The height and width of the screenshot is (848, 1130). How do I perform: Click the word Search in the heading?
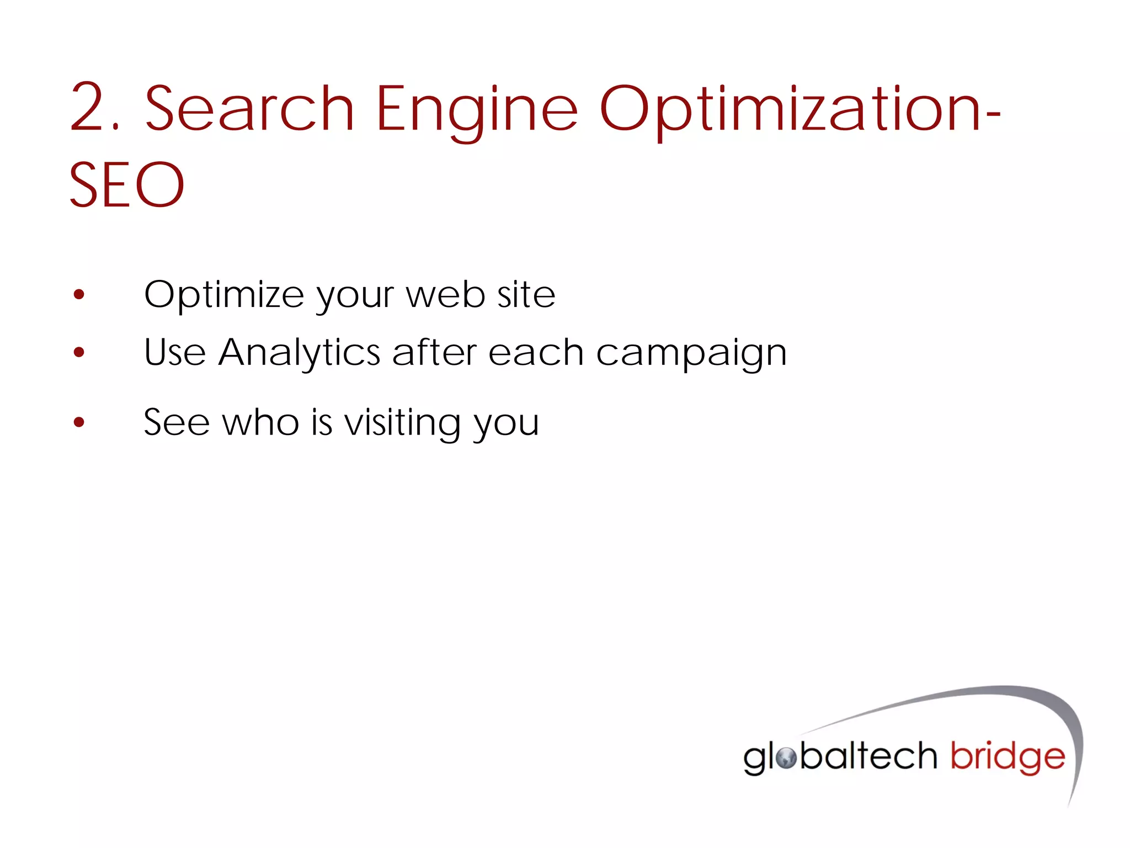(249, 108)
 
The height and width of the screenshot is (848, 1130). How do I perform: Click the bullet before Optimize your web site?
(79, 294)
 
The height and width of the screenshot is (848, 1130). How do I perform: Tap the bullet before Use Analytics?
(79, 352)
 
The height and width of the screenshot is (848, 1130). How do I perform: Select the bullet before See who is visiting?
(79, 422)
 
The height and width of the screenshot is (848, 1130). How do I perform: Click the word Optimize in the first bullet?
(223, 295)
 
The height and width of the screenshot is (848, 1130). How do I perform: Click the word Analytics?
(299, 353)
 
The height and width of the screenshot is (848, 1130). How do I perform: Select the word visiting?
(403, 423)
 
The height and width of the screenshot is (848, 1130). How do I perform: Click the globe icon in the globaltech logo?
(786, 758)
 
